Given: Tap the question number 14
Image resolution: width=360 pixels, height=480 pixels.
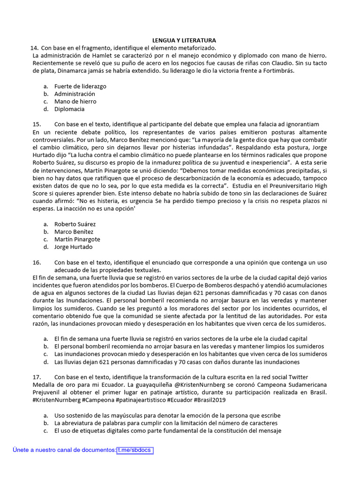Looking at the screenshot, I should tap(34, 48).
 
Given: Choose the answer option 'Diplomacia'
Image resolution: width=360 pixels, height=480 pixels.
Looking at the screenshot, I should tap(69, 109).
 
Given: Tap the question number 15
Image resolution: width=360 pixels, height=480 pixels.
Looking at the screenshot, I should tap(37, 124).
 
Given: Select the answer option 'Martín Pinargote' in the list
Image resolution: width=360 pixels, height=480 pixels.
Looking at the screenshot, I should tap(77, 239).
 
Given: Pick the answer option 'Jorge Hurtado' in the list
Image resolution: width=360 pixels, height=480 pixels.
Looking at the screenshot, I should tap(73, 247).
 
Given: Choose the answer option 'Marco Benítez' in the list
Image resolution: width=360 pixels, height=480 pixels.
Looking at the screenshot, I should tap(74, 232).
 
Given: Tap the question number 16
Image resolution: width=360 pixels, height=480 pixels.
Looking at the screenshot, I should tap(37, 262).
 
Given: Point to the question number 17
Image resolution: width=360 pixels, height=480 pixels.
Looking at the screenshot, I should tap(37, 377).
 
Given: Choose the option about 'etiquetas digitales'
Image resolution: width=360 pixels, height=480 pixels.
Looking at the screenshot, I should tap(167, 430).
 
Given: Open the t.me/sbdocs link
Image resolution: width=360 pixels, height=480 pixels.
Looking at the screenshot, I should tap(135, 450).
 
